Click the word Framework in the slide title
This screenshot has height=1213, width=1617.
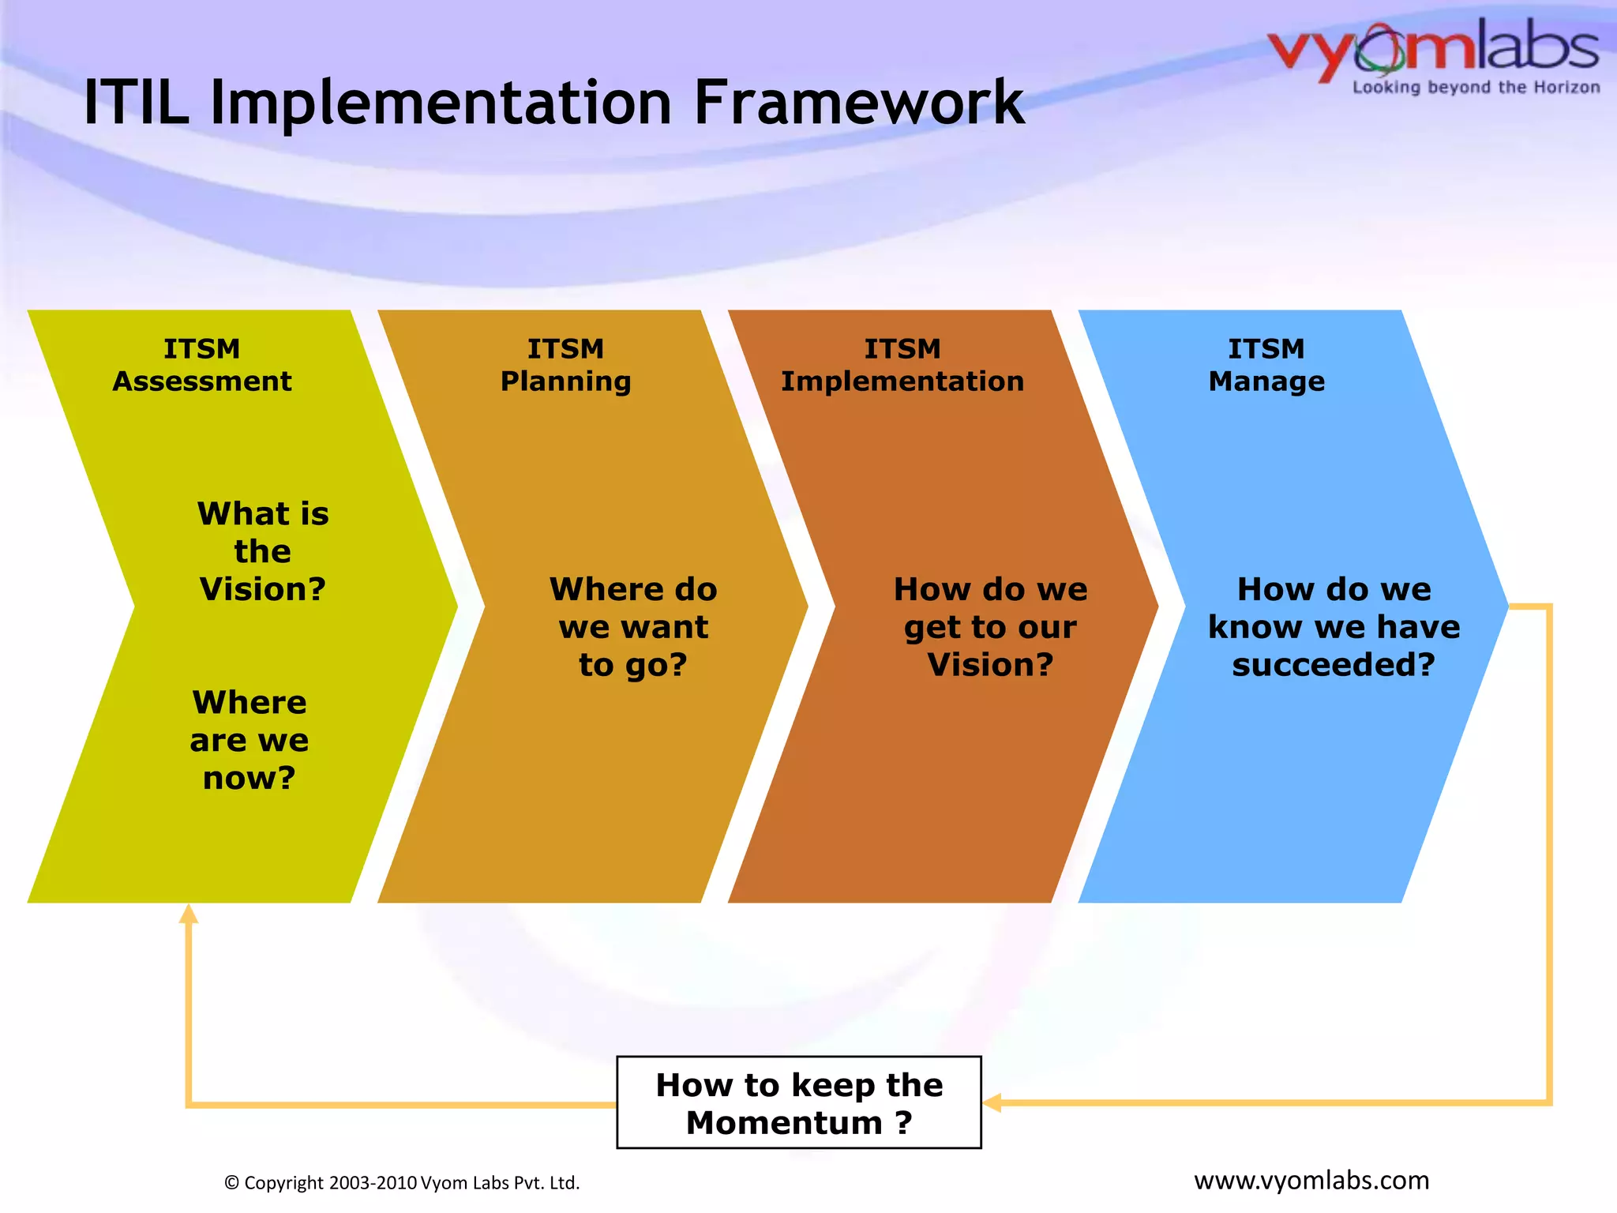[858, 103]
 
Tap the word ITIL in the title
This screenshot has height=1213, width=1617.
[137, 103]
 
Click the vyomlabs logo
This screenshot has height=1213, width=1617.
[1432, 50]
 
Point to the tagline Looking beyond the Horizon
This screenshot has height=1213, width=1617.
[1476, 88]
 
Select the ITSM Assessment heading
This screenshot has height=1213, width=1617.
[202, 365]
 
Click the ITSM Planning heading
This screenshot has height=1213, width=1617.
[565, 365]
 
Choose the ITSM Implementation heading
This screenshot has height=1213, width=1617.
[902, 365]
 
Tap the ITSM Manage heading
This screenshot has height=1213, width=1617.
[1266, 365]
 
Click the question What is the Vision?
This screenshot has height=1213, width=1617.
[262, 551]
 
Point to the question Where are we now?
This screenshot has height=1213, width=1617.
[249, 740]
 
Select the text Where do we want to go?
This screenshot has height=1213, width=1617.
[633, 627]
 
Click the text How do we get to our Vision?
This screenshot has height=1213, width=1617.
[990, 627]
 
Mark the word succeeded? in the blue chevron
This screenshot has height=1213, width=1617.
[1334, 665]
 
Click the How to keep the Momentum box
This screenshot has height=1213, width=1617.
[798, 1102]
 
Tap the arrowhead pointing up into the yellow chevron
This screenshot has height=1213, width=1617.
[188, 914]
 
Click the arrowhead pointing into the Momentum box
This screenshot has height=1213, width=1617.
[992, 1103]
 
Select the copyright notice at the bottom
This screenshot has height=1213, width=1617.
[402, 1183]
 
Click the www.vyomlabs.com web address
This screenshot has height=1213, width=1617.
[1311, 1180]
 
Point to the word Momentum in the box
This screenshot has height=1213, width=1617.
[784, 1123]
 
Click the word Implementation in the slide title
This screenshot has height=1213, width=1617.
[441, 103]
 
